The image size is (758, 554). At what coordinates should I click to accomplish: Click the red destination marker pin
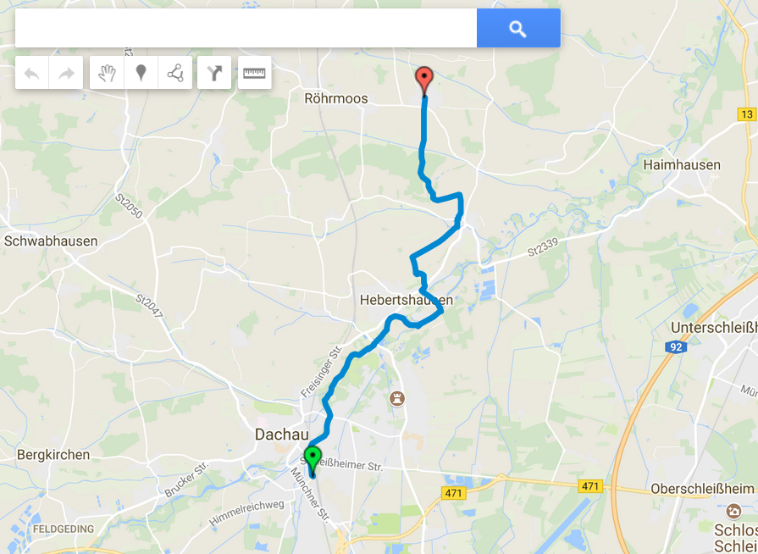[424, 80]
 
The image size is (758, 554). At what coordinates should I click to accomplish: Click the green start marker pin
[313, 458]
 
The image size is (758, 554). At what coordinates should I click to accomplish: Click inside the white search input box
[246, 29]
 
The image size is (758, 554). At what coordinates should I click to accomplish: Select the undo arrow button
[32, 73]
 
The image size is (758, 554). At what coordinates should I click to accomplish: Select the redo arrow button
[66, 73]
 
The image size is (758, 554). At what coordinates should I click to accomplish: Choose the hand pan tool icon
[107, 73]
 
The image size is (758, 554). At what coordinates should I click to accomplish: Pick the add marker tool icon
[141, 73]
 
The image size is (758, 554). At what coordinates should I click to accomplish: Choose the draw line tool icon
[175, 73]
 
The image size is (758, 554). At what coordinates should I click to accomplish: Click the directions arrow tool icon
[214, 73]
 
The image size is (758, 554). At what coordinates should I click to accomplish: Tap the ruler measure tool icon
[254, 73]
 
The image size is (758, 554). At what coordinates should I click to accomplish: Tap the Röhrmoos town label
[336, 99]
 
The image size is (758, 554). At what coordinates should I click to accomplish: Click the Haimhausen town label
[682, 165]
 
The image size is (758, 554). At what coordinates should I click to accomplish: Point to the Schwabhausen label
[51, 241]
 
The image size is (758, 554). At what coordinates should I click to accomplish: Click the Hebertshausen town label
[406, 301]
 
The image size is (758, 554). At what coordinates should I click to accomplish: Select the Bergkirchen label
[53, 455]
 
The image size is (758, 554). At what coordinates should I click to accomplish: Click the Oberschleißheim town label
[702, 489]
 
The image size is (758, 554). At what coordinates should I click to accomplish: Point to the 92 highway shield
[675, 346]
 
